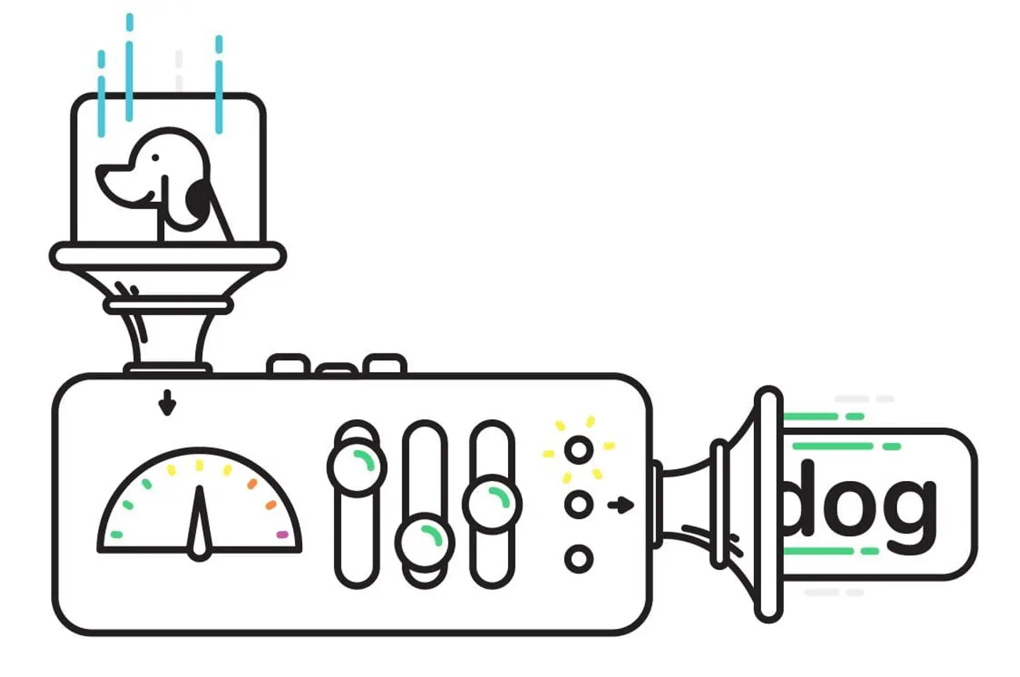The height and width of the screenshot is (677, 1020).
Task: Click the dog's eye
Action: tap(155, 158)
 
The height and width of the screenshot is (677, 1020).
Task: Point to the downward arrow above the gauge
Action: tap(167, 403)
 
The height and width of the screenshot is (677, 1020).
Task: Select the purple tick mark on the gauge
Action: tap(282, 534)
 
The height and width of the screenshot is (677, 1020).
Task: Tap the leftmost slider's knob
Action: tap(357, 466)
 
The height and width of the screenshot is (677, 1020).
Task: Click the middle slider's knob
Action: tap(425, 541)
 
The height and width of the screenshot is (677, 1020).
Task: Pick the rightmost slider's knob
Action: tap(492, 503)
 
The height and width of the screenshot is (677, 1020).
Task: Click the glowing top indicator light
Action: tap(579, 450)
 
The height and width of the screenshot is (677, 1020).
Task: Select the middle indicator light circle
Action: tap(579, 505)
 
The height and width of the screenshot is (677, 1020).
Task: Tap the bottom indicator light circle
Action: tap(579, 559)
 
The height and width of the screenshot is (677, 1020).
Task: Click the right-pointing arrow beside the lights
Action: tap(621, 505)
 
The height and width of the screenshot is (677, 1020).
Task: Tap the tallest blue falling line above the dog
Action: tap(129, 66)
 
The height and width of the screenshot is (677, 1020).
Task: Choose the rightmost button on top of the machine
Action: tap(384, 364)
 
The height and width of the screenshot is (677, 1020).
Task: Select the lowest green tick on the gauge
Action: tap(117, 534)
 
